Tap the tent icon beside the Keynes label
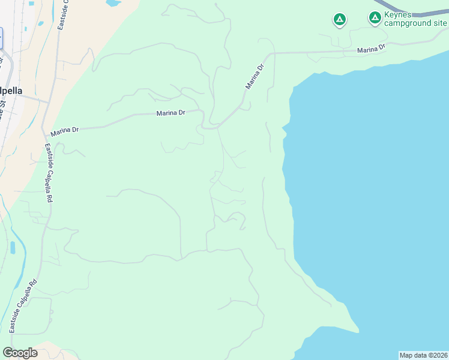pos(375,18)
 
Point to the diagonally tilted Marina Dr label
pos(255,77)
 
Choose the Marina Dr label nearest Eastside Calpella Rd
pos(65,130)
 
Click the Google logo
pos(20,353)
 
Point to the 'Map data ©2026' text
pos(423,355)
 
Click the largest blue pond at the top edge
pos(113,2)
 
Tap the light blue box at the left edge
pos(1,38)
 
